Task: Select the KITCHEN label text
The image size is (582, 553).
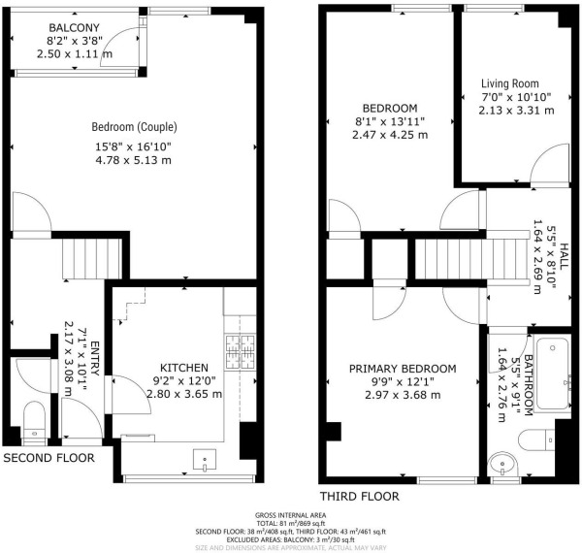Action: click(x=183, y=367)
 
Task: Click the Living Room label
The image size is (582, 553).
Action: click(x=510, y=83)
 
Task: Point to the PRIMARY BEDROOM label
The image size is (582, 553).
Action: click(x=403, y=369)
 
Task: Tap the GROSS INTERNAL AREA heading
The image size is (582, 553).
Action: click(x=290, y=514)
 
